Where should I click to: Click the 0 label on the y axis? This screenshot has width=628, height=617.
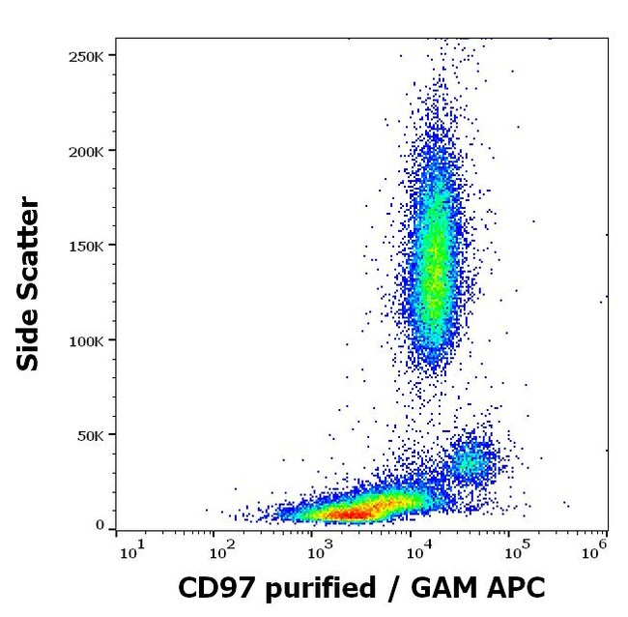coord(100,525)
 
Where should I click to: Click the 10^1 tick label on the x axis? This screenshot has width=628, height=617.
coord(131,552)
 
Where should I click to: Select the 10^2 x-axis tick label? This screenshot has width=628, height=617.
coord(221,552)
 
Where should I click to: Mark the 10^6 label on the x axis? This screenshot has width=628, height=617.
coord(595,552)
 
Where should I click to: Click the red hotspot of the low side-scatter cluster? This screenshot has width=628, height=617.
coord(353,511)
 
